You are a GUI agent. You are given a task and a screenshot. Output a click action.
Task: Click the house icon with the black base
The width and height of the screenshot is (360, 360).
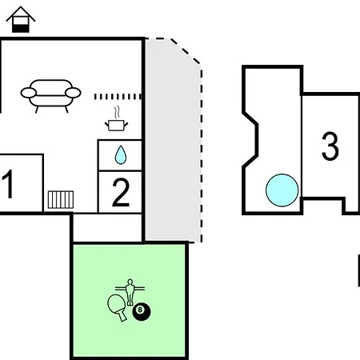[21, 20]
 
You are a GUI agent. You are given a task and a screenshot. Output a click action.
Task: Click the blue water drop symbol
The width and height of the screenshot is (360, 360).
[120, 155]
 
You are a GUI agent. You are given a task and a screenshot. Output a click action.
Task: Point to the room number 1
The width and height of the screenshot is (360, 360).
[8, 184]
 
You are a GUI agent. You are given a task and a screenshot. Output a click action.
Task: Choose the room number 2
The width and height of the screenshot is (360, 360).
[121, 193]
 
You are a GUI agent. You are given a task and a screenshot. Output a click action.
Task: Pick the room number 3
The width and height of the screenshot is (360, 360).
[330, 146]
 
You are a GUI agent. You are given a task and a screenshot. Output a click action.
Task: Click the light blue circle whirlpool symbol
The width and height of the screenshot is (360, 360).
[282, 190]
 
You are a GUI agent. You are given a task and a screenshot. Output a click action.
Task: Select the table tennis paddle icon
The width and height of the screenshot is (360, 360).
[117, 306]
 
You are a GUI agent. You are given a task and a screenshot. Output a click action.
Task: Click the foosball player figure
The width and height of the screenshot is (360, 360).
[130, 292]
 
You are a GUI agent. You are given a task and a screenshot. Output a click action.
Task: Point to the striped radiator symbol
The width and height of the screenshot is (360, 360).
[61, 199]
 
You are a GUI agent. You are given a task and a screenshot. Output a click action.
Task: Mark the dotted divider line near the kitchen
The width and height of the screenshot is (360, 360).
[118, 97]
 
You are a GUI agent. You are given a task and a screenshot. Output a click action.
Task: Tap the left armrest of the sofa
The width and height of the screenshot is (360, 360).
[28, 93]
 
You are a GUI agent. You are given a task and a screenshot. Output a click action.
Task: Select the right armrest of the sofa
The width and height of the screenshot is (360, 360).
[73, 93]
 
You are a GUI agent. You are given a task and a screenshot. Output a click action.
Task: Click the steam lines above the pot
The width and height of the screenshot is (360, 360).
[117, 113]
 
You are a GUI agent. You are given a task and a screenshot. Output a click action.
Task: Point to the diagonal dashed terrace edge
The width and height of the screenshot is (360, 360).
[185, 51]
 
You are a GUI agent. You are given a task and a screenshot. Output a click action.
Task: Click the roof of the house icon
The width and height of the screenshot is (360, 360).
[21, 14]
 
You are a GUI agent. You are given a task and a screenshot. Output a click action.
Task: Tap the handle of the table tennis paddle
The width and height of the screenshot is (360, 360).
[122, 317]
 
